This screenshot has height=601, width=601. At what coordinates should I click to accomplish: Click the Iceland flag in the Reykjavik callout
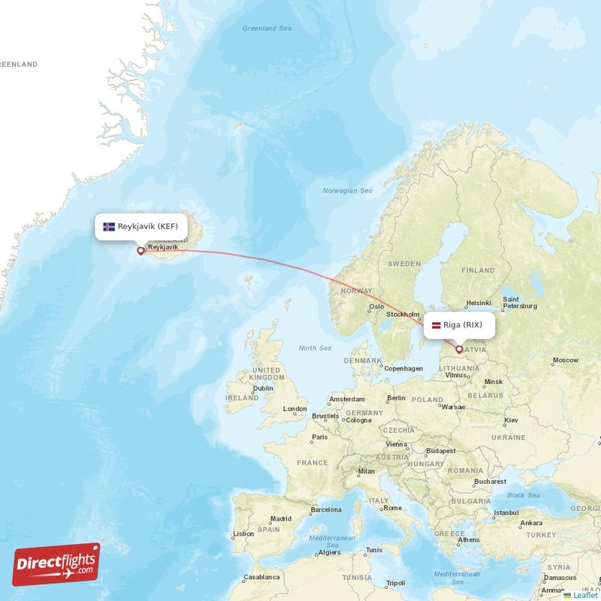click(109, 226)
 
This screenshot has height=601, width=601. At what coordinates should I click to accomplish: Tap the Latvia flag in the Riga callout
click(436, 325)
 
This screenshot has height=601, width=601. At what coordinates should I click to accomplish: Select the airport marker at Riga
click(459, 349)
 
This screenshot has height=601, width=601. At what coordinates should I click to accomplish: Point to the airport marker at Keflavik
click(140, 251)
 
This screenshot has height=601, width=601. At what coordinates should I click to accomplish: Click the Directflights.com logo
click(56, 563)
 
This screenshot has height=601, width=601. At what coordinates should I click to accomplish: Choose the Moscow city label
click(565, 361)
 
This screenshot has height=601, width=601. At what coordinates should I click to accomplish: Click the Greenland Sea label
click(267, 29)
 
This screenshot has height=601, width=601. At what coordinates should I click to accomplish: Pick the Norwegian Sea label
click(347, 191)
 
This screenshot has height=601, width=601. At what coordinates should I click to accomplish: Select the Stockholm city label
click(402, 315)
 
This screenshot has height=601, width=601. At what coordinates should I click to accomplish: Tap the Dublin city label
click(263, 388)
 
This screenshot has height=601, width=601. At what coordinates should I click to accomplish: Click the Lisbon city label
click(243, 533)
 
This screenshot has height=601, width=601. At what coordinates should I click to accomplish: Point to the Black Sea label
click(524, 495)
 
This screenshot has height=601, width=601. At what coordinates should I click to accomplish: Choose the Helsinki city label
click(479, 304)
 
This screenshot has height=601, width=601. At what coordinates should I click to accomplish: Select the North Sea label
click(315, 348)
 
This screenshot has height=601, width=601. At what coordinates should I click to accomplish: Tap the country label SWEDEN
click(405, 264)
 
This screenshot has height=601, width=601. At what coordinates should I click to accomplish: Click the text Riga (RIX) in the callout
click(463, 325)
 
